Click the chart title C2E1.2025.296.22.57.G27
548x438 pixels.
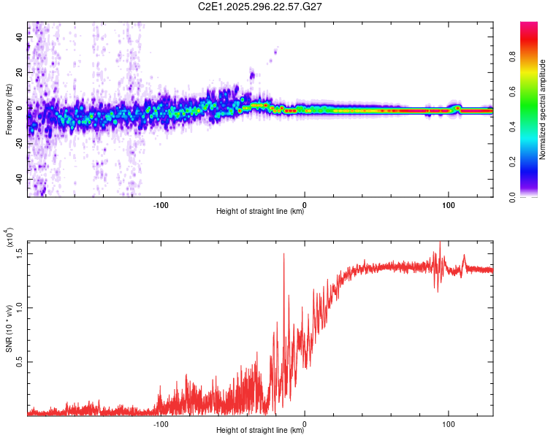pos(261,7)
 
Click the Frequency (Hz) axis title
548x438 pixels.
pos(9,109)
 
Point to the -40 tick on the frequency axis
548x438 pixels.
pos(18,179)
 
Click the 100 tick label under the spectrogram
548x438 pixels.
pos(448,204)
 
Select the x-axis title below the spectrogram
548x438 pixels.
pos(260,212)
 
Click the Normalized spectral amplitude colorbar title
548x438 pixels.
pos(543,109)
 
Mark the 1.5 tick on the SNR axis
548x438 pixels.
pos(20,252)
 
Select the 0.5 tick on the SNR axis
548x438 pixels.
pos(20,361)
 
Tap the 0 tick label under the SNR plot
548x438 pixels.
pos(305,423)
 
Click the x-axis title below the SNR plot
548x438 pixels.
pos(260,431)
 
